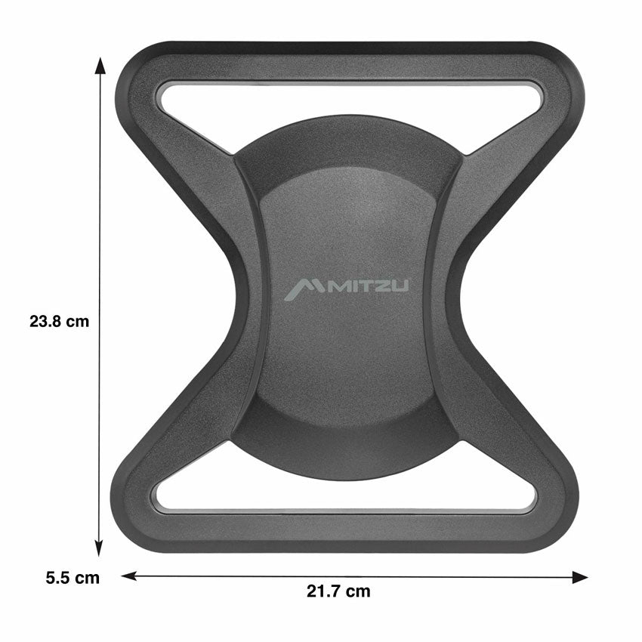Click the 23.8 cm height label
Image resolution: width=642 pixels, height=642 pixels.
point(60,321)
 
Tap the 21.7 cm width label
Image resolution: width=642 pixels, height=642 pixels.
point(338,591)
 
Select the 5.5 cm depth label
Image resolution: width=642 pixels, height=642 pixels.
point(72,579)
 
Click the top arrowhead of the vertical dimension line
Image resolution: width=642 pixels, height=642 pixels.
point(99,64)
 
